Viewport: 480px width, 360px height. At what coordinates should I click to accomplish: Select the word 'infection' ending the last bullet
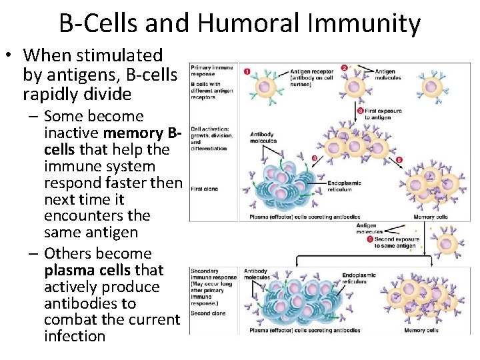click(x=75, y=336)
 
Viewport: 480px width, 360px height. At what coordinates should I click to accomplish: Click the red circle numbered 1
click(x=247, y=71)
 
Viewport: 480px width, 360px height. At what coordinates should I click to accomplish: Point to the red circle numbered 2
click(x=344, y=67)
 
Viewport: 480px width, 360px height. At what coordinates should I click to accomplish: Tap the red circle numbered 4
click(x=313, y=158)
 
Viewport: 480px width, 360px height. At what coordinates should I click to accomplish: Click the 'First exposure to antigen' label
click(x=383, y=114)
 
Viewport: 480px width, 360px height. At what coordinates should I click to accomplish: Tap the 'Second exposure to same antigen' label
click(x=396, y=242)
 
